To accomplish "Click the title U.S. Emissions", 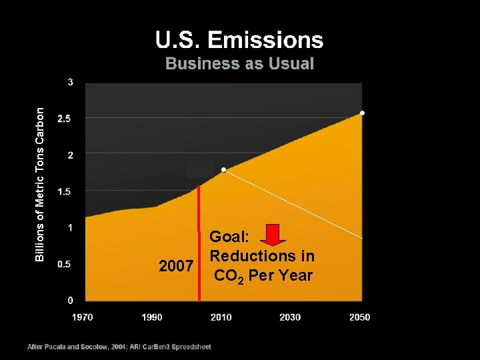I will tap(239, 40).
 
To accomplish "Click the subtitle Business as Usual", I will tap(239, 64).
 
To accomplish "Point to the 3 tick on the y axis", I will tap(71, 82).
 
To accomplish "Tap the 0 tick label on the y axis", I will tap(71, 300).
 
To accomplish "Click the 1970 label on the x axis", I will tap(83, 317).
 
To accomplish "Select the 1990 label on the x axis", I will tap(152, 317).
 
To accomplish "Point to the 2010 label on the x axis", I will tap(221, 317).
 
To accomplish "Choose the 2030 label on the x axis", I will tap(290, 317).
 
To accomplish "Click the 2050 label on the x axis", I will tap(359, 317).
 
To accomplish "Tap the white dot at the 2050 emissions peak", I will tap(362, 113).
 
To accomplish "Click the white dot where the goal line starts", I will tap(224, 169).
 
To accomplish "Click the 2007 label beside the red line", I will tap(177, 267).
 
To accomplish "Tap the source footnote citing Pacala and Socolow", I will tap(119, 347).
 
